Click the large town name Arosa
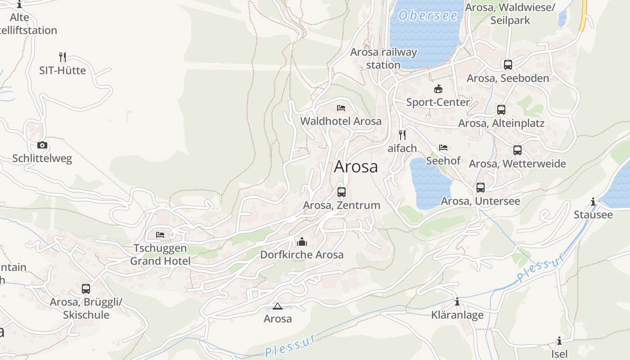pos(356,167)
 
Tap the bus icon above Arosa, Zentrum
pos(342,192)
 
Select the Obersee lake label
pos(428,16)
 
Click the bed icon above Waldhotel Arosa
pos(341,108)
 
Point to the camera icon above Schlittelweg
pos(42,145)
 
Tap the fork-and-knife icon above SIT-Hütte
pos(63,57)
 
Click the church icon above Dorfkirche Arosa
pos(302,242)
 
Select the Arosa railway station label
pos(383,58)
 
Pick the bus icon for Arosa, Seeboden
pos(508,65)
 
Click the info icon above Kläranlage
pos(457,302)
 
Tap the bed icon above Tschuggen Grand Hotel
pos(160,235)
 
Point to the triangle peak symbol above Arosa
pos(278,306)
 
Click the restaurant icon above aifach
pos(402,135)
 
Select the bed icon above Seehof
pos(443,148)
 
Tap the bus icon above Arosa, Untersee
pos(481,188)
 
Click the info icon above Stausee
pos(593,202)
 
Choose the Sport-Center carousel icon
pos(438,89)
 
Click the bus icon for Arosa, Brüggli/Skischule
pos(86,288)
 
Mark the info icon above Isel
pos(559,341)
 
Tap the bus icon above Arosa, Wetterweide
pos(517,150)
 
